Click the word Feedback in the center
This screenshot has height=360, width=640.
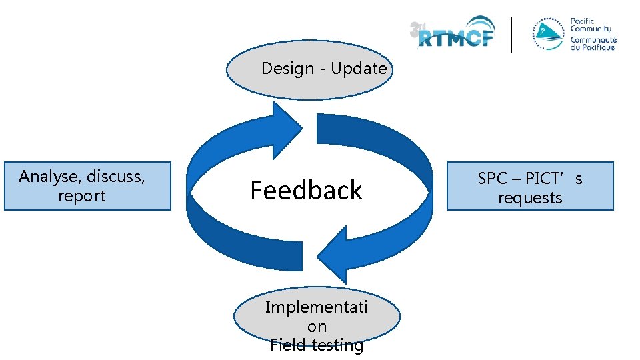[x=306, y=191]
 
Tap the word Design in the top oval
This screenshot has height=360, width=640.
[x=287, y=69]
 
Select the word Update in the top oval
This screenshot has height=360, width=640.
[x=359, y=69]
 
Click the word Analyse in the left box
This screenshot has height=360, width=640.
[x=45, y=177]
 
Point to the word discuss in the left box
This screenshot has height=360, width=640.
[x=115, y=177]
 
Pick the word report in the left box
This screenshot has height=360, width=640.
[x=82, y=196]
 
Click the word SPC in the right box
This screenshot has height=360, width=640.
[x=493, y=179]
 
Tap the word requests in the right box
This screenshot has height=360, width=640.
[x=530, y=198]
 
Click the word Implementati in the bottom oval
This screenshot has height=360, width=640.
[x=317, y=307]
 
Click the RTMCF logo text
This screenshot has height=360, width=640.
[x=457, y=39]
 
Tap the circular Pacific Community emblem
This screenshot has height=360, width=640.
[x=547, y=35]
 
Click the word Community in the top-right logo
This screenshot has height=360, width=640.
[x=590, y=29]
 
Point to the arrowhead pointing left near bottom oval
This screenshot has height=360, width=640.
[x=332, y=256]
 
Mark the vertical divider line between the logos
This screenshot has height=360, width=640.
[x=512, y=35]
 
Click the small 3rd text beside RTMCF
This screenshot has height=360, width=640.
[x=418, y=29]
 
